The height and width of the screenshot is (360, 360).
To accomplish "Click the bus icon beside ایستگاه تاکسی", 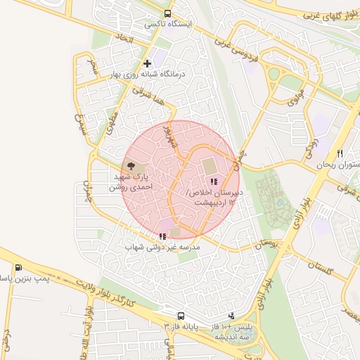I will (x=167, y=13).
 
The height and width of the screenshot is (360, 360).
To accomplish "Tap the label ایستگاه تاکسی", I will (x=168, y=24).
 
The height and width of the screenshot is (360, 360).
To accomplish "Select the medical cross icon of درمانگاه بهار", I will (x=147, y=64).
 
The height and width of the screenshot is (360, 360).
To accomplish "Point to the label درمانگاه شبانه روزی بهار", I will (x=147, y=74).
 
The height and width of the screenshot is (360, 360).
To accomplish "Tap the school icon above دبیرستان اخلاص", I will (x=214, y=181).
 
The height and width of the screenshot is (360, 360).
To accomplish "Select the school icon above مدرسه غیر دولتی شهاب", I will (x=162, y=236).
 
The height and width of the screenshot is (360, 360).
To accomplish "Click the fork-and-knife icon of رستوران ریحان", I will (x=340, y=153).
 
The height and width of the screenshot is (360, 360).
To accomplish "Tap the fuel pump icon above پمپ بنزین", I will (x=18, y=267).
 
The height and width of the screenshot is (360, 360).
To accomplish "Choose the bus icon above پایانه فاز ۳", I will (x=181, y=316).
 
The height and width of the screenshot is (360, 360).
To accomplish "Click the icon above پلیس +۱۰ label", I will (x=232, y=316).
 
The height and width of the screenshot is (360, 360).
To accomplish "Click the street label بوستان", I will (x=264, y=243).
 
